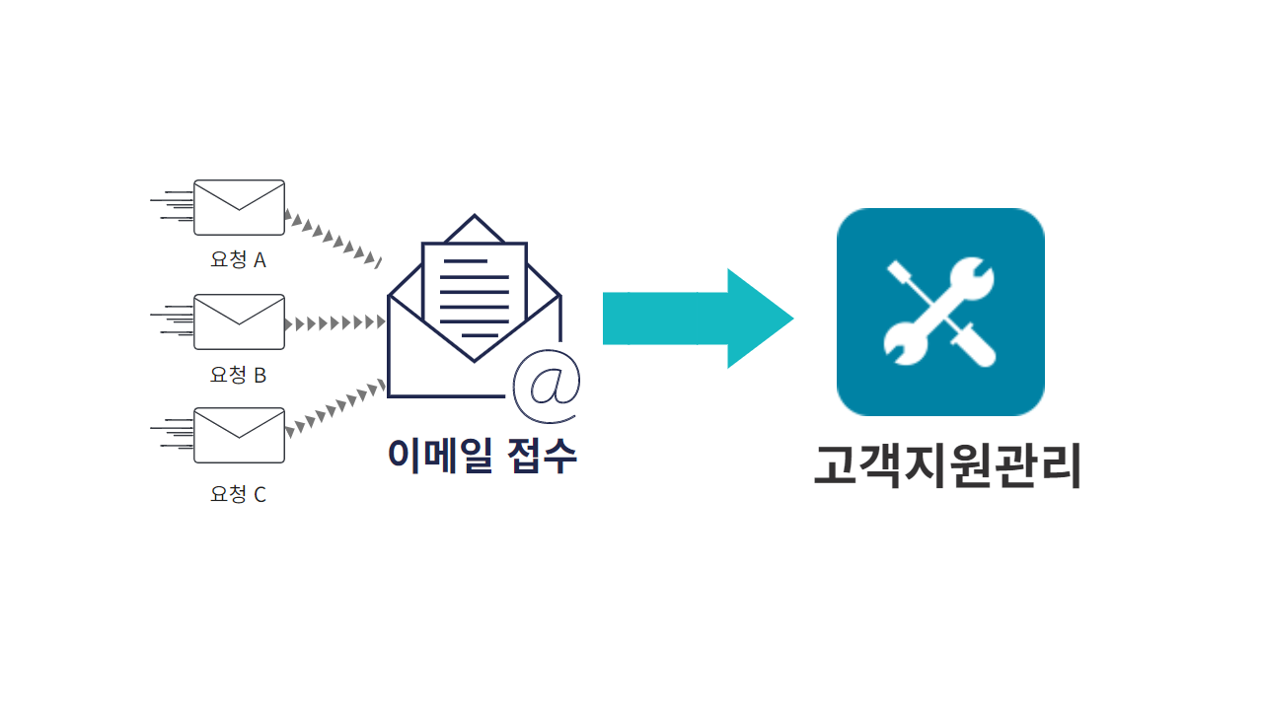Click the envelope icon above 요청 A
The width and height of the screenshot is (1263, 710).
tap(239, 207)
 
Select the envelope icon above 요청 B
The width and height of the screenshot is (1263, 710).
tap(239, 321)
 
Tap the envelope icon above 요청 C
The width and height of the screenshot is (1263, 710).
tap(239, 436)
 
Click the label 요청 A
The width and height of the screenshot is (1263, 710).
tap(238, 260)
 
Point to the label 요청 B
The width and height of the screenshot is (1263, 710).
tap(238, 375)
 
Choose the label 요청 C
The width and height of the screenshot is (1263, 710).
tap(238, 494)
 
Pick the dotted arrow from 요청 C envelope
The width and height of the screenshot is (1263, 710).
tap(334, 405)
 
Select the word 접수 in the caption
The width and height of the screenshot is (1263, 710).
tap(542, 455)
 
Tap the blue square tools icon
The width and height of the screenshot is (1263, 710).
tap(940, 312)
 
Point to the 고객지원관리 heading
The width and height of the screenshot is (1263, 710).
tap(947, 466)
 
